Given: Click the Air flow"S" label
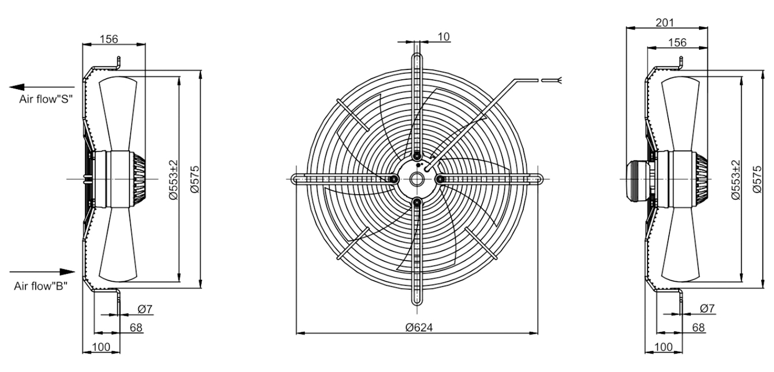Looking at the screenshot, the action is click(46, 99).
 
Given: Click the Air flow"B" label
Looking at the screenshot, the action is click(41, 286).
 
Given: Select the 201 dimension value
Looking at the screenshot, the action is click(665, 23).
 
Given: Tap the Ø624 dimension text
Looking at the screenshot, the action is click(419, 327).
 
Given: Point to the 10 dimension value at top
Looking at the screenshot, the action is click(444, 36).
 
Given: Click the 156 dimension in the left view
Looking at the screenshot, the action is click(109, 39).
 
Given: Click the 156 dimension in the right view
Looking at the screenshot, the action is click(677, 43).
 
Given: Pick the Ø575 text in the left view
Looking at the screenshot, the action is click(195, 179).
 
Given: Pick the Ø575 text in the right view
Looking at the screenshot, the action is click(757, 179).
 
